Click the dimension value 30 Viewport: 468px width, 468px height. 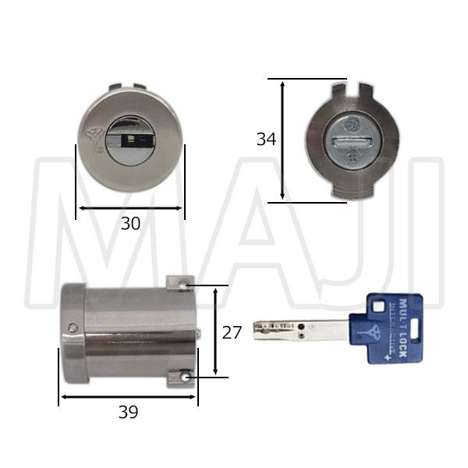pyautogui.click(x=130, y=223)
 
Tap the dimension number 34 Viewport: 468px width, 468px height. pyautogui.click(x=266, y=140)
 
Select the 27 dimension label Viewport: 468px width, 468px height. pyautogui.click(x=232, y=332)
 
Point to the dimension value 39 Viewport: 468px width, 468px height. pyautogui.click(x=128, y=413)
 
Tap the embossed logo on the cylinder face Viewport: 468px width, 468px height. pyautogui.click(x=93, y=140)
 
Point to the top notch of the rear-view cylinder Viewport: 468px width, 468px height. pyautogui.click(x=352, y=87)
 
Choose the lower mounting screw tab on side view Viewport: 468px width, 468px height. pyautogui.click(x=182, y=378)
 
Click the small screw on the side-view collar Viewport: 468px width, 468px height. pyautogui.click(x=73, y=328)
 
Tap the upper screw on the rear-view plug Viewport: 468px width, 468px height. pyautogui.click(x=352, y=123)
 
